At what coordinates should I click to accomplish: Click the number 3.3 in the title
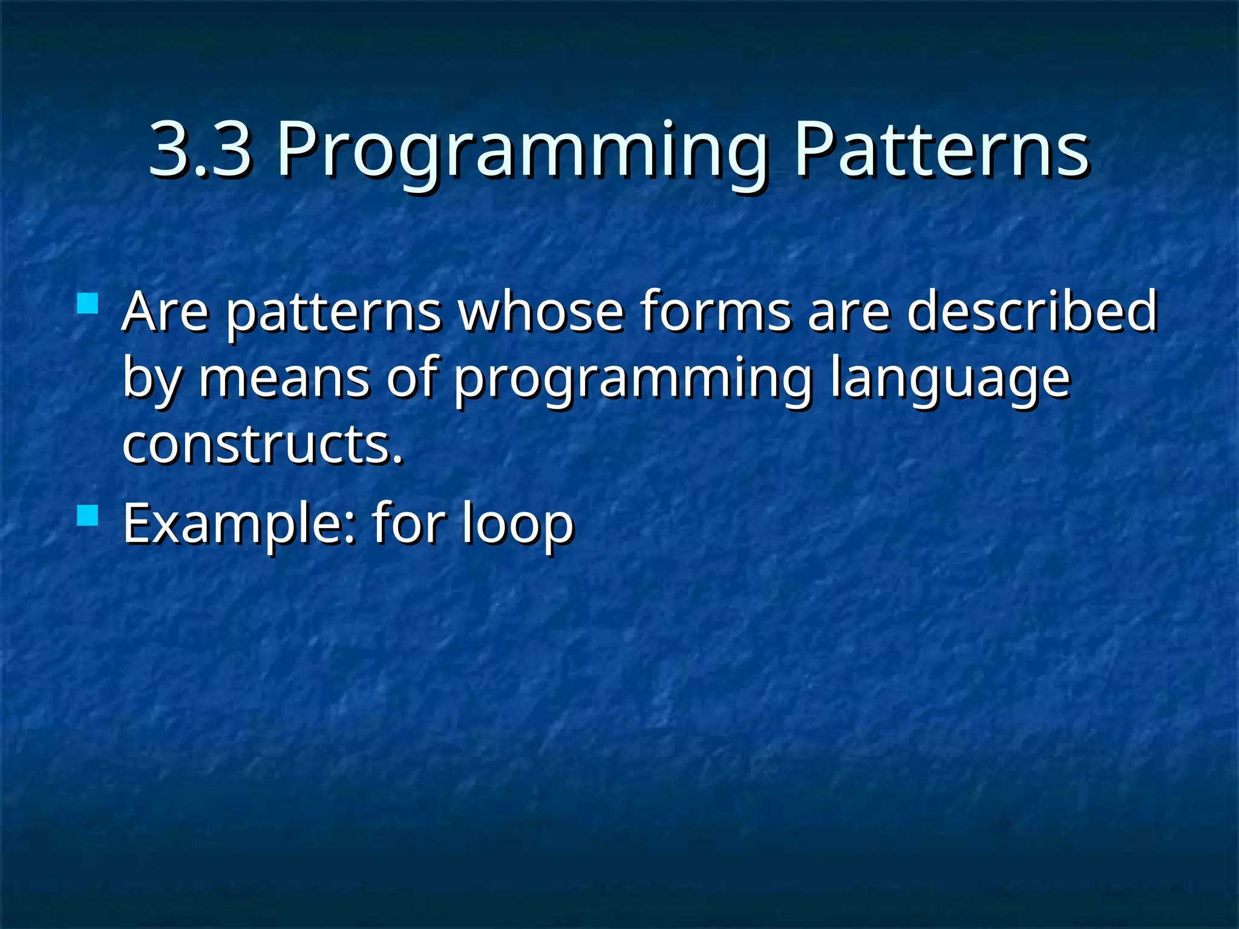[200, 149]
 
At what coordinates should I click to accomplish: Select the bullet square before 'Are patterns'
[88, 304]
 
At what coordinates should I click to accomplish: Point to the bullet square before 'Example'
[88, 515]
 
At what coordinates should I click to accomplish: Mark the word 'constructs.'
[262, 445]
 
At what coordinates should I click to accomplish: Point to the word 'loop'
[517, 524]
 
